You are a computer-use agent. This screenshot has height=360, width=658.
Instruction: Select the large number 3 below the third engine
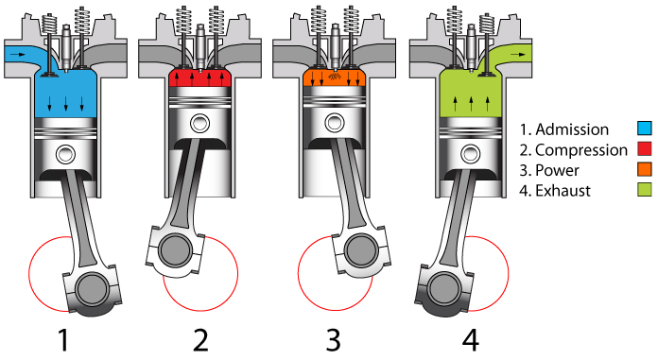point(335,338)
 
